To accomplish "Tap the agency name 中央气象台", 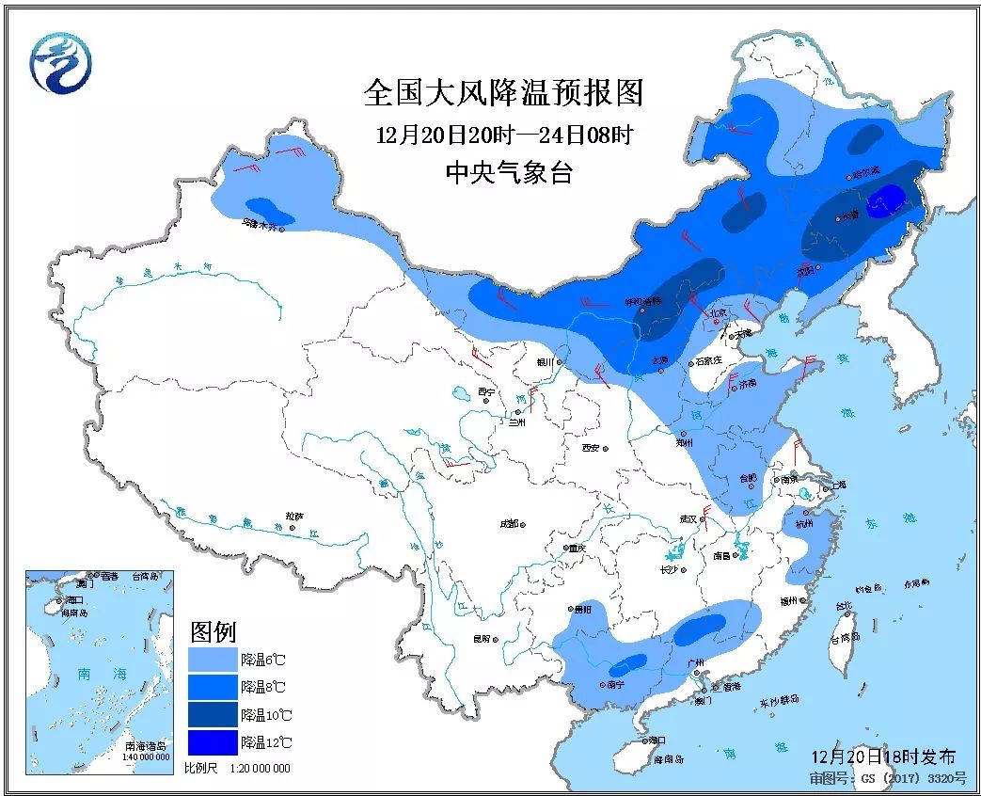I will click(x=508, y=173).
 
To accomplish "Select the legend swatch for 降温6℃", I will click(x=213, y=658).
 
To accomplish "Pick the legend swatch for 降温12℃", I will click(x=213, y=742).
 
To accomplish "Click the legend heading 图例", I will click(x=213, y=630).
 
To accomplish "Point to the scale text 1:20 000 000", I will click(x=256, y=769).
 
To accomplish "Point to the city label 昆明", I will click(x=481, y=640).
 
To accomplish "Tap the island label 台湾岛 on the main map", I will click(x=844, y=639).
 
